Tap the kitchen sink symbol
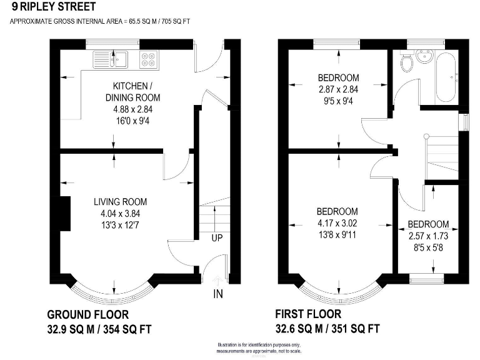pos(111,59)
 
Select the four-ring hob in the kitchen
pos(149,59)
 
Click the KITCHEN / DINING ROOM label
pos(131,92)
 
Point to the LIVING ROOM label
pos(121,202)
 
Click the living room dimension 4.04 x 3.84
pos(121,214)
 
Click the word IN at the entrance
pos(218,294)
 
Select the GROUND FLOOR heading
pos(88,314)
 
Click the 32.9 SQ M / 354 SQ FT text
pos(99,329)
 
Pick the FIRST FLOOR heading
pos(309,314)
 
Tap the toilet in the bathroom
pos(407,62)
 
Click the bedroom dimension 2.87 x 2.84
pos(338,89)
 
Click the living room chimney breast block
pos(64,212)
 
